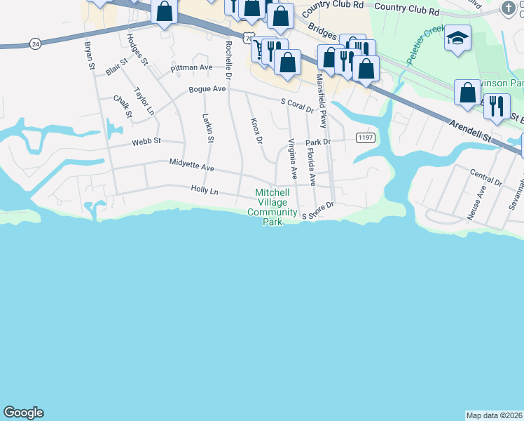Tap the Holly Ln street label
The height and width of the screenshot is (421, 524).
pyautogui.click(x=205, y=190)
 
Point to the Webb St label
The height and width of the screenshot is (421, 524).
pyautogui.click(x=146, y=141)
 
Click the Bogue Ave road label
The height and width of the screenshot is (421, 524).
pyautogui.click(x=207, y=89)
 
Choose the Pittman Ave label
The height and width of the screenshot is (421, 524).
pyautogui.click(x=191, y=67)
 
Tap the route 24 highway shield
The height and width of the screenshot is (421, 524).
pyautogui.click(x=36, y=44)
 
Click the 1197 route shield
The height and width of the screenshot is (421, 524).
pyautogui.click(x=364, y=138)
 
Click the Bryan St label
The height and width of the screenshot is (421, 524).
pyautogui.click(x=90, y=56)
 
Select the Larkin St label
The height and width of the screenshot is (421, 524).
pyautogui.click(x=207, y=128)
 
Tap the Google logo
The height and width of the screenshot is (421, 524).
pyautogui.click(x=23, y=413)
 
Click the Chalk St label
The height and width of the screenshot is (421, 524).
pyautogui.click(x=123, y=106)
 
